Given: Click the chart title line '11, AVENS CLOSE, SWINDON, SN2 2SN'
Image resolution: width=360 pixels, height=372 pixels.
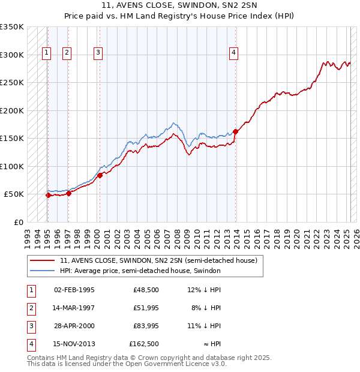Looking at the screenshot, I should pyautogui.click(x=180, y=7).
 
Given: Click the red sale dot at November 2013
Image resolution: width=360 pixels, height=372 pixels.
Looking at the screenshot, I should pyautogui.click(x=236, y=131).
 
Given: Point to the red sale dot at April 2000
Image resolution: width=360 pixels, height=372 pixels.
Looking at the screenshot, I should pyautogui.click(x=100, y=175).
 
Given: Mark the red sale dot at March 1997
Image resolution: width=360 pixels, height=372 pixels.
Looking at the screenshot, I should pyautogui.click(x=68, y=193).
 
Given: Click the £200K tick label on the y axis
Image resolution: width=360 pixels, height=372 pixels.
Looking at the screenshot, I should pyautogui.click(x=12, y=110).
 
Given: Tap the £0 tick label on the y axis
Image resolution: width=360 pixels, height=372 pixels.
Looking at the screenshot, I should pyautogui.click(x=17, y=222).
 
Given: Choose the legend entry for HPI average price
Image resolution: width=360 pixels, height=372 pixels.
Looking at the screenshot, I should pyautogui.click(x=140, y=271).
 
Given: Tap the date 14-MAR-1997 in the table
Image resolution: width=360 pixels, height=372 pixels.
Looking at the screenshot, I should pyautogui.click(x=74, y=308).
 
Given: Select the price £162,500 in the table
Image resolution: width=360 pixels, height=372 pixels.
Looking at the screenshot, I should pyautogui.click(x=144, y=344).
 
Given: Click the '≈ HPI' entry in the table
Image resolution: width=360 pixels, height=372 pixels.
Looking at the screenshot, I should pyautogui.click(x=210, y=344).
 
